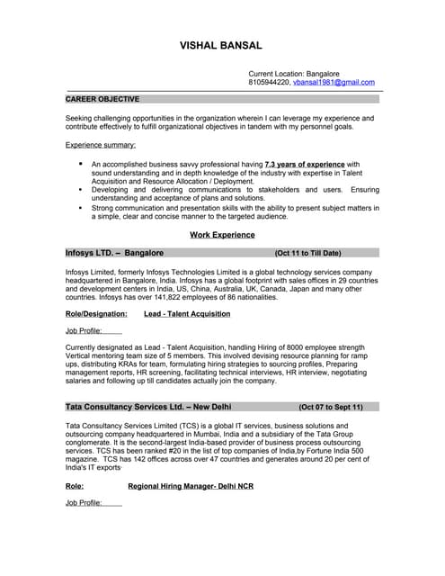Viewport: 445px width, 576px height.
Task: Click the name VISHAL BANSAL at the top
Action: pos(222,45)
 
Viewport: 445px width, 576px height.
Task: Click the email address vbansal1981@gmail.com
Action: pos(334,82)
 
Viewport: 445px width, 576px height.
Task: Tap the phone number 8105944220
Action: pos(269,82)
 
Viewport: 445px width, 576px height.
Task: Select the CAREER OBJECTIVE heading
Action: pos(102,99)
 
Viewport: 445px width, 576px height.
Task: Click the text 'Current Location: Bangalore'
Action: pos(294,73)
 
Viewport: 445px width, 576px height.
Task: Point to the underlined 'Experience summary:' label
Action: pos(101,145)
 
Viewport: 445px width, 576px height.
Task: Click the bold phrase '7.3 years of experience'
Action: pos(305,165)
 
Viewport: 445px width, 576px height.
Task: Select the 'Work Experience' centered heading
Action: pos(222,235)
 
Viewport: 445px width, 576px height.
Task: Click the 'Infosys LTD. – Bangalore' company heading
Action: pos(114,254)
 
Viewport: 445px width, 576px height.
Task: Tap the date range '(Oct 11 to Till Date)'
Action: pos(308,254)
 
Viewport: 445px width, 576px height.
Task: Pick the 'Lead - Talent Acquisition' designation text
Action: pos(187,314)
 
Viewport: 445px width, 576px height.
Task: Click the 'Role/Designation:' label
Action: pos(96,314)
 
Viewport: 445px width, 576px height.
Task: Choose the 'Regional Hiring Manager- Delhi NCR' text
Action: pos(191,485)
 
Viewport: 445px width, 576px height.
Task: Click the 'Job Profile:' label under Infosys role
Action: pos(84,330)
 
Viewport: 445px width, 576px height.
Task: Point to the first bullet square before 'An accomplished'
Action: pos(81,165)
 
